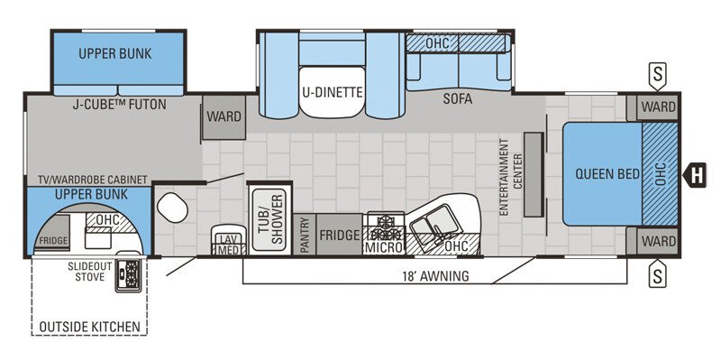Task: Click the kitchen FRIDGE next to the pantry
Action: [x=339, y=235]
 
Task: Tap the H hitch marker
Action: [x=696, y=172]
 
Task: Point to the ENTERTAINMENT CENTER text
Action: [x=511, y=176]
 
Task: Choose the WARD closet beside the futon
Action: [x=223, y=116]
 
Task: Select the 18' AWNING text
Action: [x=436, y=276]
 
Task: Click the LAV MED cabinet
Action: [x=226, y=243]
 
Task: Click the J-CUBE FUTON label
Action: [x=119, y=105]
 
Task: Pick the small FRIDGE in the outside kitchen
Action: [x=52, y=241]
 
